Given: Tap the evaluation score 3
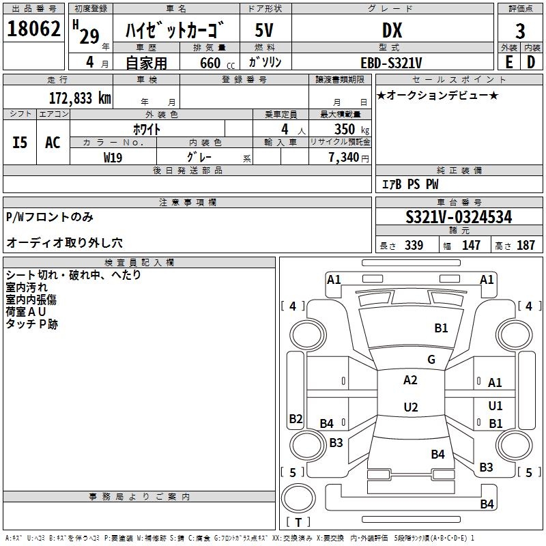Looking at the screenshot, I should pyautogui.click(x=520, y=31).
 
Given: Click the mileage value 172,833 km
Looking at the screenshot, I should pyautogui.click(x=79, y=97).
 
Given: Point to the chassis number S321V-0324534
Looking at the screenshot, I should pyautogui.click(x=459, y=218).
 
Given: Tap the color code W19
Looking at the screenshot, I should pyautogui.click(x=113, y=157).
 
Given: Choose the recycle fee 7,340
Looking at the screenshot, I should pyautogui.click(x=345, y=158).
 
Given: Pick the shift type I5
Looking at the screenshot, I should pyautogui.click(x=20, y=142).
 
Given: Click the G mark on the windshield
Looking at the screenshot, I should pyautogui.click(x=431, y=360).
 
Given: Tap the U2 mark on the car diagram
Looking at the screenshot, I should pyautogui.click(x=410, y=407).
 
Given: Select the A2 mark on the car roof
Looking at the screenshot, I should pyautogui.click(x=410, y=380).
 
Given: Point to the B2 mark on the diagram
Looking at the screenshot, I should pyautogui.click(x=296, y=419).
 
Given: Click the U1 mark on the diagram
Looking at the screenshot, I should pyautogui.click(x=495, y=406).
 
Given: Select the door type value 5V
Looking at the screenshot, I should pyautogui.click(x=265, y=30).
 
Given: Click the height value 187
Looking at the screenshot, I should pyautogui.click(x=526, y=246).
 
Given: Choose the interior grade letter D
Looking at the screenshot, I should pyautogui.click(x=531, y=62).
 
